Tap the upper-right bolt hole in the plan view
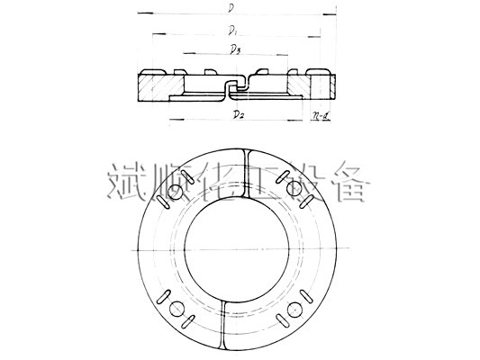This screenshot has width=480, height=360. point(294,190)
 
